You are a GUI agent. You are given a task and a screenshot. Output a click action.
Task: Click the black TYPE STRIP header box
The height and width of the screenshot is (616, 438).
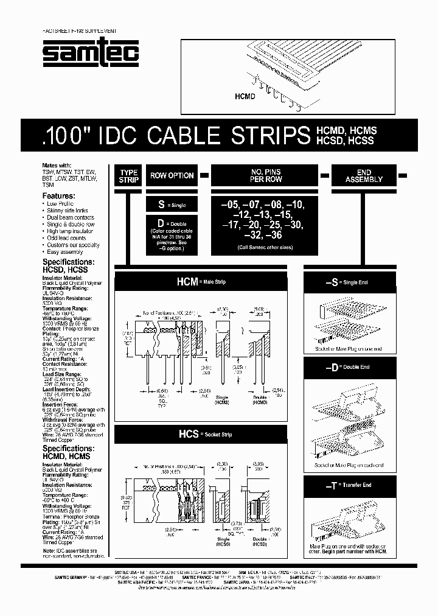tap(128, 176)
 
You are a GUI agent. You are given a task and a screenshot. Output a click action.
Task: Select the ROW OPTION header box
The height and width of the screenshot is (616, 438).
tap(172, 175)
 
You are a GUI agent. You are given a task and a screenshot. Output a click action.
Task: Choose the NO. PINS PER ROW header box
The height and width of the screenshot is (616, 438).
tap(265, 175)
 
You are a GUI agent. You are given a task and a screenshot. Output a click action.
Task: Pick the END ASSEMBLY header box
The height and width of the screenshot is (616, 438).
tap(363, 175)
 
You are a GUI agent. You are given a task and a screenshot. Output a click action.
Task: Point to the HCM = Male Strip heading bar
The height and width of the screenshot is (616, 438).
tap(201, 282)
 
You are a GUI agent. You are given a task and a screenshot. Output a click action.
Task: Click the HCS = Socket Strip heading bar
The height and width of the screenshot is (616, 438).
tap(201, 434)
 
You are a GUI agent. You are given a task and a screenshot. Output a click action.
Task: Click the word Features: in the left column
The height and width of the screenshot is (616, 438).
tap(59, 195)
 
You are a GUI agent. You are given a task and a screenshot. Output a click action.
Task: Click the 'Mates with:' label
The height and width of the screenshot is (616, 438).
tap(57, 165)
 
